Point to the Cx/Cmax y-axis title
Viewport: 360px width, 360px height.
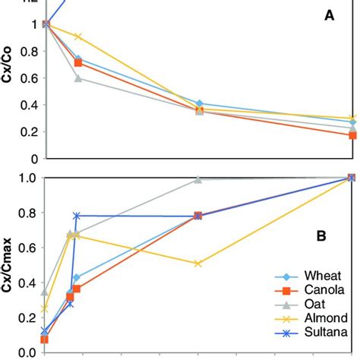[x=11, y=262]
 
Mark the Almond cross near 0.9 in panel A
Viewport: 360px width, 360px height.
[x=77, y=36]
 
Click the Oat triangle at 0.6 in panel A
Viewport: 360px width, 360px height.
[x=77, y=78]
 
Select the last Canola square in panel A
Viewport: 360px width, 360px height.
[x=352, y=135]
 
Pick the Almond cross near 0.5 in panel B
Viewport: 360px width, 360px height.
[x=198, y=264]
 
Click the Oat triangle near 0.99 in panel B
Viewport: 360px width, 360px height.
[x=198, y=179]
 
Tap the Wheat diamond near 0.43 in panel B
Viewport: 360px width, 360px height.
[x=77, y=278]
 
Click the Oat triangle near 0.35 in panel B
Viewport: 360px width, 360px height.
[x=45, y=292]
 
